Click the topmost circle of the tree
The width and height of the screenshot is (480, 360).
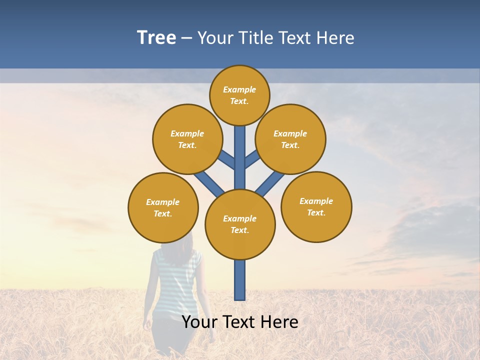point(239,95)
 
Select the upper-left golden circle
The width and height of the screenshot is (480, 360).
point(187,139)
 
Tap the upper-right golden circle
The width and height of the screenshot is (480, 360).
point(290,139)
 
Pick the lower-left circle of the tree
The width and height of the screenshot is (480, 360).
point(163,207)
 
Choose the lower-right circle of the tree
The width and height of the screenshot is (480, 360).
point(316,206)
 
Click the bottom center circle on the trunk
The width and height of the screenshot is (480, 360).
point(240,224)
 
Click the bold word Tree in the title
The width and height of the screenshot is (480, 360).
point(156,37)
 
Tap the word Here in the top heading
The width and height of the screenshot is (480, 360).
point(335,38)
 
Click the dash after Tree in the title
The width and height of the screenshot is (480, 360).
point(187,38)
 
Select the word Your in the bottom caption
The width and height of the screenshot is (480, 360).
point(198,322)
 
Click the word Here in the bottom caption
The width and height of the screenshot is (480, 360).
point(280,322)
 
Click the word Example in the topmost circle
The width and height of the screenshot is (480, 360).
point(239,89)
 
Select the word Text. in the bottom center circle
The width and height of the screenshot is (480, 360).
point(239,230)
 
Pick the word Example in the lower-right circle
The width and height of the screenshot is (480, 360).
point(316,201)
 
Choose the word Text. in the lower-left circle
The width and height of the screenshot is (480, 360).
point(162,213)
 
